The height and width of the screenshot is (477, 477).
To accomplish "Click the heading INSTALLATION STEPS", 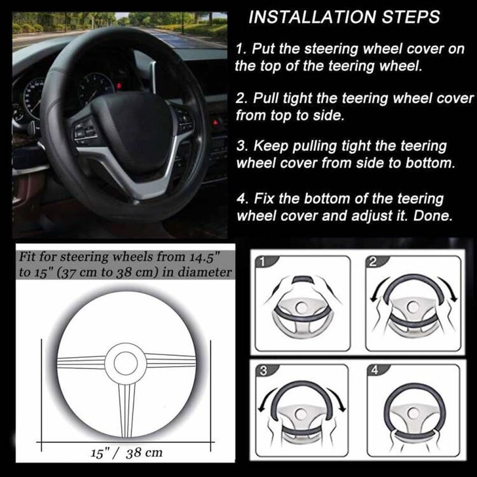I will click(344, 17).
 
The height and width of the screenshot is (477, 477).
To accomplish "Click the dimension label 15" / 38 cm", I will click(127, 453).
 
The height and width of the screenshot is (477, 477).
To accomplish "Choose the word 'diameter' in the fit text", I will click(205, 274).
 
